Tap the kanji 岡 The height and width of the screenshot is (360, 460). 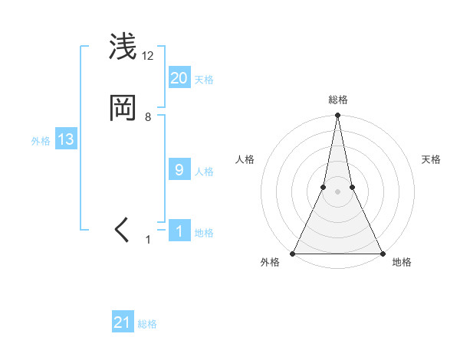123,108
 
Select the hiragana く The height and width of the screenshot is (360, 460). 123,230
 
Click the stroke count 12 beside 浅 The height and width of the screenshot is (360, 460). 148,56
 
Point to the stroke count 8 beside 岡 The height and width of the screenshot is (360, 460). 148,117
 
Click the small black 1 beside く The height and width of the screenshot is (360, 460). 149,240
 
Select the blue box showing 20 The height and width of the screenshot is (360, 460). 179,77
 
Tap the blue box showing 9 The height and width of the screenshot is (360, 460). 179,170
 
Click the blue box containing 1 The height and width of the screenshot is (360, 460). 179,231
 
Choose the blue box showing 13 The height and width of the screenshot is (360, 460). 66,139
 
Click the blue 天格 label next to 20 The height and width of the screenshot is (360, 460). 204,80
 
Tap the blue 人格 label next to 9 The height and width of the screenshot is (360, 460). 204,172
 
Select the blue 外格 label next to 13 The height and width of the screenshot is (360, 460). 41,141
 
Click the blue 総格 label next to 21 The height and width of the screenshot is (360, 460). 147,324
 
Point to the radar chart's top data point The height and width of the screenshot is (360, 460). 337,116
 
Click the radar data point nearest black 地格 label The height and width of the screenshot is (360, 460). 382,254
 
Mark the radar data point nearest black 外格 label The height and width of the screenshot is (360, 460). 293,254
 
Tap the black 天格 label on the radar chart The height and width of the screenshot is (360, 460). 431,159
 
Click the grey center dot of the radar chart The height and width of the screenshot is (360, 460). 337,191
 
